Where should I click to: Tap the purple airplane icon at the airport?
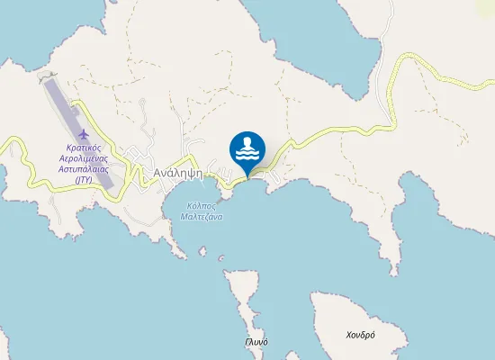pyautogui.click(x=85, y=136)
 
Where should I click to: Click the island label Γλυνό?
pyautogui.click(x=256, y=342)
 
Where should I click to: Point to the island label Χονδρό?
pyautogui.click(x=360, y=336)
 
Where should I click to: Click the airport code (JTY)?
pyautogui.click(x=85, y=180)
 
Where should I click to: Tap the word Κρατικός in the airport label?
pyautogui.click(x=85, y=148)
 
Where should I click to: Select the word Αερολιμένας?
pyautogui.click(x=85, y=158)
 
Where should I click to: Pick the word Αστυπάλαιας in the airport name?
pyautogui.click(x=85, y=169)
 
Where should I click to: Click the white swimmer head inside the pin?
pyautogui.click(x=247, y=140)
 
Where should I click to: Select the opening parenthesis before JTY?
pyautogui.click(x=75, y=180)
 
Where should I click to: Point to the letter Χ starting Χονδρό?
pyautogui.click(x=349, y=336)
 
